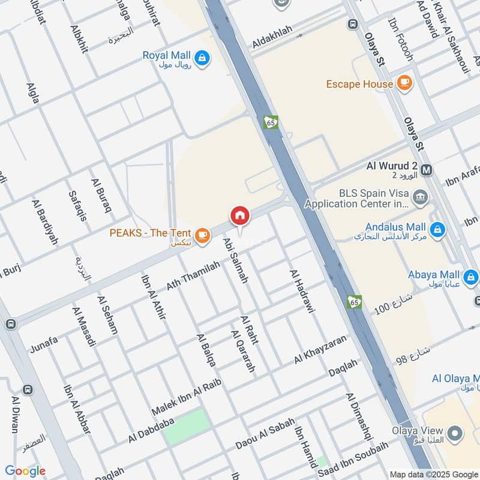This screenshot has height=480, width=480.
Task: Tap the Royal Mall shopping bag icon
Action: coord(203,57)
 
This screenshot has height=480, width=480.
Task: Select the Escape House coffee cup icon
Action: coord(405,83)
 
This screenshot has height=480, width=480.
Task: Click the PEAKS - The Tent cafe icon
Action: coord(203,235)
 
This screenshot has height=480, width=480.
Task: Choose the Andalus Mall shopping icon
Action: coord(437,229)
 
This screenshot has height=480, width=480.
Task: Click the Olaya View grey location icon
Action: coord(455,433)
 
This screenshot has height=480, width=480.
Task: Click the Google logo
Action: coord(25,471)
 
